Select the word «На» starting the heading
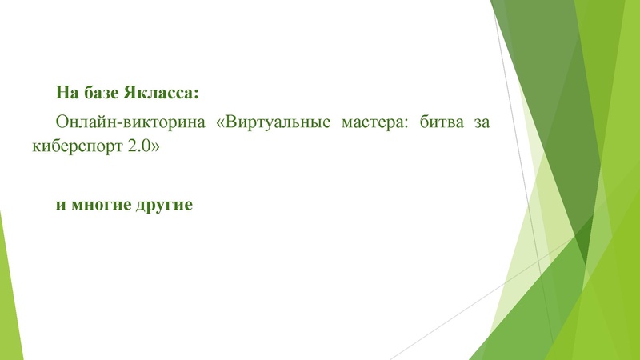66,93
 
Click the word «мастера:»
371,124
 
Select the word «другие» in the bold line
165,204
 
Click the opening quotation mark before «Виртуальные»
222,125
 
